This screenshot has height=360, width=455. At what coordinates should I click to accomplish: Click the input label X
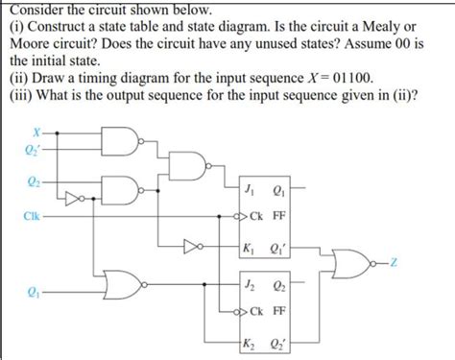tap(36, 132)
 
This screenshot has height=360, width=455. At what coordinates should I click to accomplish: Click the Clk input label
tap(33, 216)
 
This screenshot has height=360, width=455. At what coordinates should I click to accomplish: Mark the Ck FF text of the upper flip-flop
tap(270, 216)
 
